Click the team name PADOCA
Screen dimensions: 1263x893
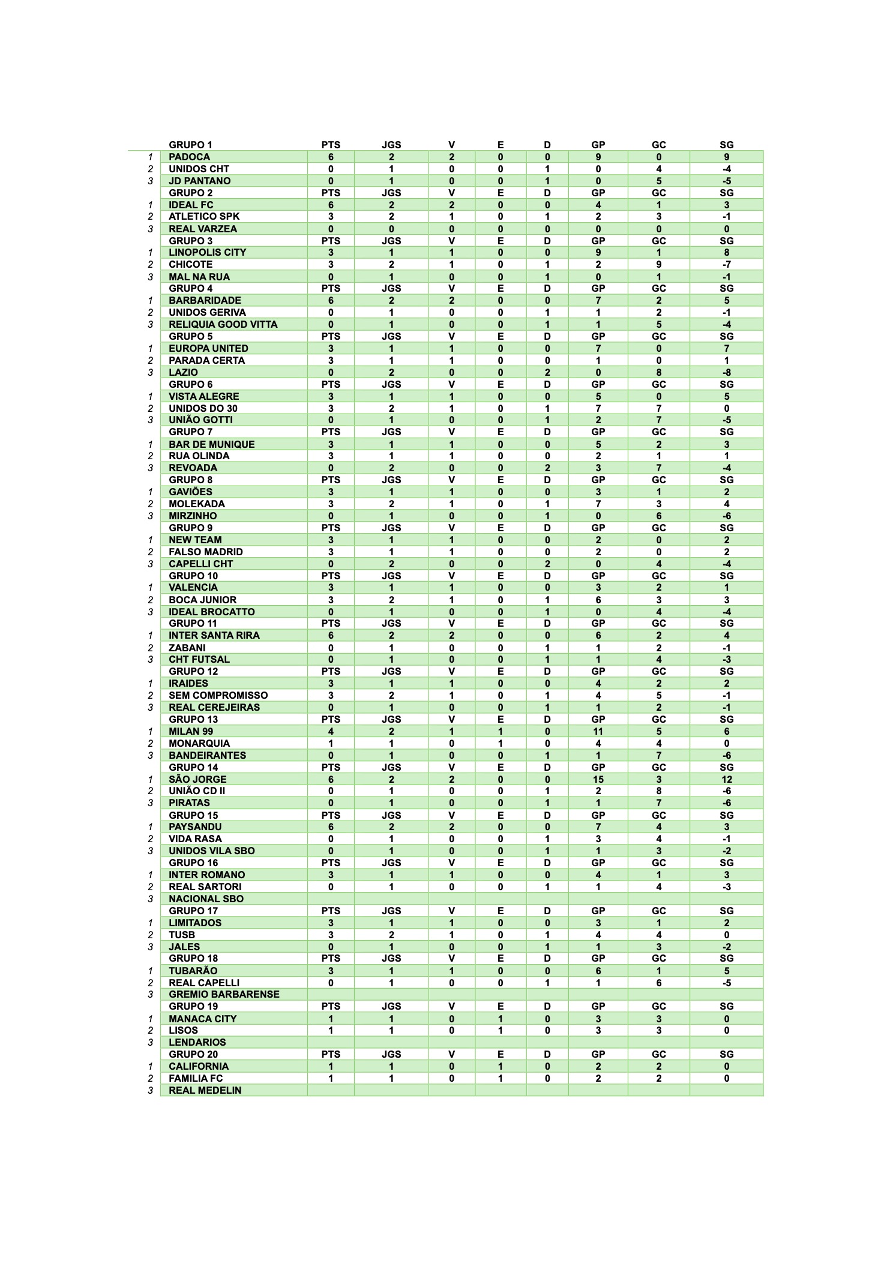click(189, 157)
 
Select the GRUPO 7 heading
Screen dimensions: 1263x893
click(190, 432)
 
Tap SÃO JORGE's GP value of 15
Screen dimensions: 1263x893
click(598, 779)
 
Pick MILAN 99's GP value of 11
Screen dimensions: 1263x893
click(598, 731)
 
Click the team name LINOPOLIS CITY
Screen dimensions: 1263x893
click(207, 252)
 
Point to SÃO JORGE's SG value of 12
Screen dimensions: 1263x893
click(726, 779)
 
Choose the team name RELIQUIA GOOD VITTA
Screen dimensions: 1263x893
click(223, 324)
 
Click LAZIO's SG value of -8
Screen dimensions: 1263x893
click(726, 372)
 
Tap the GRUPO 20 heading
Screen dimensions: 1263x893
click(193, 1054)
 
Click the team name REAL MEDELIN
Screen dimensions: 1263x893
click(205, 1090)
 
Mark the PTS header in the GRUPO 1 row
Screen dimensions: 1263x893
click(331, 145)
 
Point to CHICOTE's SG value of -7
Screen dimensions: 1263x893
click(726, 264)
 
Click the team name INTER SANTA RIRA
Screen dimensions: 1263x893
click(214, 635)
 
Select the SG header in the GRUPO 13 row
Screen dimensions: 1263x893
click(726, 719)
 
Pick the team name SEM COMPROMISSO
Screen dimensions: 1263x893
click(218, 695)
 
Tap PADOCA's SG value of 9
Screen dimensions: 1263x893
click(726, 157)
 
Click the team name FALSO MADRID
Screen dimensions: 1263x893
click(205, 552)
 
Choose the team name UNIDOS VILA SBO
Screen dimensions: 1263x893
click(211, 851)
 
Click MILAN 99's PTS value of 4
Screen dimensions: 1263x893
click(331, 731)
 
